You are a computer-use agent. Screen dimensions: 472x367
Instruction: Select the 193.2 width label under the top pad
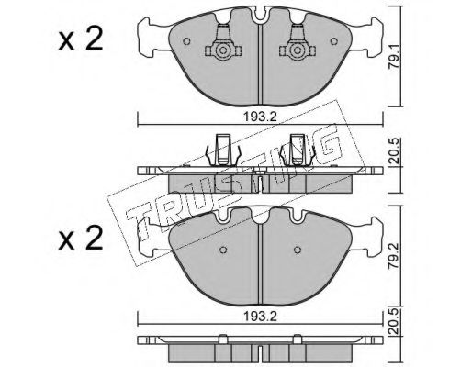coord(260,117)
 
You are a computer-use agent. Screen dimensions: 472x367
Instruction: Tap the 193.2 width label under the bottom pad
coord(260,317)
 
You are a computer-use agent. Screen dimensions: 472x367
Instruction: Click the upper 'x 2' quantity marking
coord(81,39)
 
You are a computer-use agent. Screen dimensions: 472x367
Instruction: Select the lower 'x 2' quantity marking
coord(81,239)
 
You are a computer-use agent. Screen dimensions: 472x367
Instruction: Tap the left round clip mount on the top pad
coord(223,50)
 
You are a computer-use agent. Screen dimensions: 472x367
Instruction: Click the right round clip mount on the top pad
coord(297,50)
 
